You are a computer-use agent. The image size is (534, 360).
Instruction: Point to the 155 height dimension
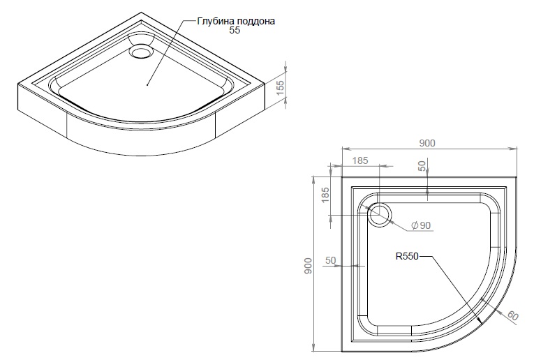[280, 87]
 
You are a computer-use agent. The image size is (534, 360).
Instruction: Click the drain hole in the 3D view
[144, 50]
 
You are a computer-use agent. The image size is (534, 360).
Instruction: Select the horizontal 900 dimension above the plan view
[427, 143]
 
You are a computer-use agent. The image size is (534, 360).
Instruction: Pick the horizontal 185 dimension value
[359, 161]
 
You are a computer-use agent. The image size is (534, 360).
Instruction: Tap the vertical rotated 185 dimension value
[325, 195]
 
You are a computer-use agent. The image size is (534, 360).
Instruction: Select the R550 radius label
[406, 256]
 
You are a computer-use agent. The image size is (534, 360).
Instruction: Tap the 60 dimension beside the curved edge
[512, 315]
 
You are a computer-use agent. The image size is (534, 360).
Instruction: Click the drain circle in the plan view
[380, 214]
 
